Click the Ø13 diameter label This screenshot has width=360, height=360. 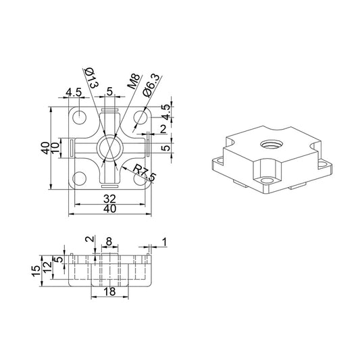pyautogui.click(x=92, y=77)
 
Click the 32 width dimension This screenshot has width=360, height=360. pyautogui.click(x=109, y=199)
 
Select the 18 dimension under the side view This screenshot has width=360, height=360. pyautogui.click(x=109, y=292)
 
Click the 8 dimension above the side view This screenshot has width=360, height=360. pyautogui.click(x=110, y=240)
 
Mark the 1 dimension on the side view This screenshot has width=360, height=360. pyautogui.click(x=163, y=241)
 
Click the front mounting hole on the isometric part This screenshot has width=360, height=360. pyautogui.click(x=263, y=181)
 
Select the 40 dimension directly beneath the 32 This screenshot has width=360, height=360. pyautogui.click(x=109, y=209)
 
